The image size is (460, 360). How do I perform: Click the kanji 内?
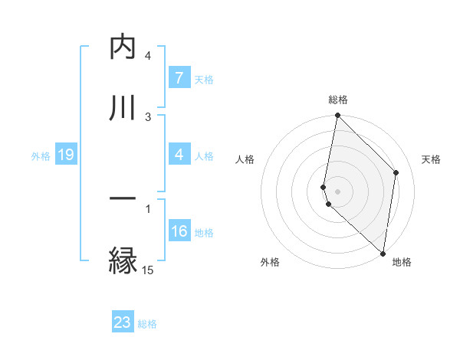[x=122, y=47]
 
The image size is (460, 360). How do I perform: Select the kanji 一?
[x=122, y=198]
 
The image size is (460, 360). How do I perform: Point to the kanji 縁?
[x=122, y=260]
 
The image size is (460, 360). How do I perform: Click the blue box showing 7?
[x=179, y=77]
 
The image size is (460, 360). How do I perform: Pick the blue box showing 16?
[x=179, y=231]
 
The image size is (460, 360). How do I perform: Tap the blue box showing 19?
[x=65, y=155]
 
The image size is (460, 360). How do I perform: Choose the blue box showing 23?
[x=123, y=322]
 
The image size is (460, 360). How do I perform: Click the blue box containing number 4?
[x=179, y=155]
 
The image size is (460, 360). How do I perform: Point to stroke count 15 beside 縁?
[x=147, y=270]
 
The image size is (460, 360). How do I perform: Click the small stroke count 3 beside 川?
[x=148, y=116]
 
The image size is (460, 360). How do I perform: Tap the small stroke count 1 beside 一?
[x=148, y=207]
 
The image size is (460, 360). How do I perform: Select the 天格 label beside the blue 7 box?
[x=204, y=79]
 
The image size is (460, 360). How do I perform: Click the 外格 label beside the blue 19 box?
[x=41, y=156]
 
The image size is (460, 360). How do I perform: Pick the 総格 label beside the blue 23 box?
[x=147, y=324]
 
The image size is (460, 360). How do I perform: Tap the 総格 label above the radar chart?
[x=337, y=100]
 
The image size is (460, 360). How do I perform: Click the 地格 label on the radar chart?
[x=402, y=263]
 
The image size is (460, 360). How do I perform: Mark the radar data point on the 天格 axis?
[x=396, y=172]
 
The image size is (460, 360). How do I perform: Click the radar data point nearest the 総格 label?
[x=337, y=116]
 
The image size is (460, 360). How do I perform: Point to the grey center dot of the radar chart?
[x=337, y=191]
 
